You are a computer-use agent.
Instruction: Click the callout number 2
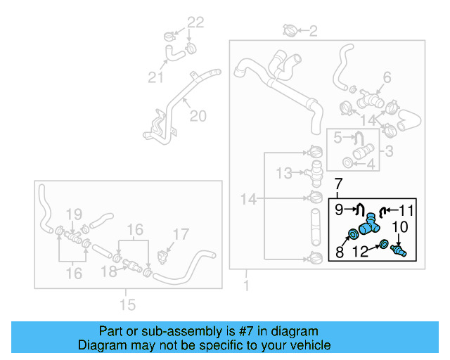(x=314, y=30)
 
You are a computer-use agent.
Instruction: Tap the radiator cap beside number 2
(x=290, y=30)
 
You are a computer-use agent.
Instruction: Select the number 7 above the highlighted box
(x=337, y=184)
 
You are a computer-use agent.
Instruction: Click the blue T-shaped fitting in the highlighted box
(x=367, y=226)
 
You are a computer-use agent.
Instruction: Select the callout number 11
(x=408, y=209)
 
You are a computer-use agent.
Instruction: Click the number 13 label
(x=283, y=172)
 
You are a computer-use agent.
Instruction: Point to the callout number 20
(x=198, y=115)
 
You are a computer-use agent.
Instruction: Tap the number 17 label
(x=181, y=234)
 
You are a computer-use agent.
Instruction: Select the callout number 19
(x=74, y=214)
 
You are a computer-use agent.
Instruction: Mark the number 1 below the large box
(x=245, y=286)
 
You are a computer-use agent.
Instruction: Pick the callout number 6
(x=387, y=77)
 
